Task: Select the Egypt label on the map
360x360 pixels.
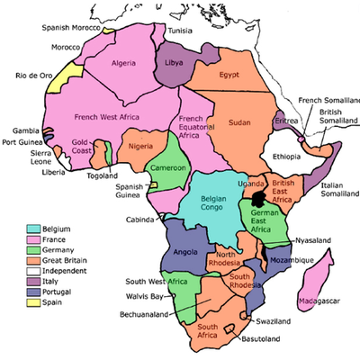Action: pos(229,75)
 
